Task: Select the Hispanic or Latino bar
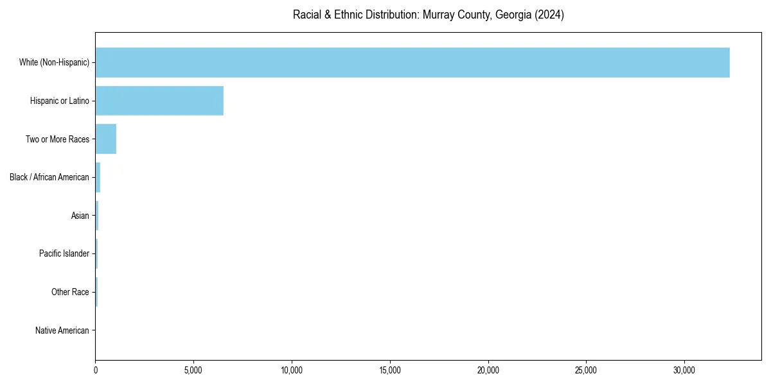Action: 159,101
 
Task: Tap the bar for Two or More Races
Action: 106,139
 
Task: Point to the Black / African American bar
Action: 98,177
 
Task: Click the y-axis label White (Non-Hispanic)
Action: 54,62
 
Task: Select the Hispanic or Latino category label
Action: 60,101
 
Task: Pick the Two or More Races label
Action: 57,139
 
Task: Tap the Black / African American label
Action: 49,177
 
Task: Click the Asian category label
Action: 80,216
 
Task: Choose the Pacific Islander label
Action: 64,254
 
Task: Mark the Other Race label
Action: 70,293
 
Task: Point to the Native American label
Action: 62,330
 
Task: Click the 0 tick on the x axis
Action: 96,370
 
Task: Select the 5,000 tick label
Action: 193,370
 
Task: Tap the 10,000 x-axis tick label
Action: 292,370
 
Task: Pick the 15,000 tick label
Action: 390,370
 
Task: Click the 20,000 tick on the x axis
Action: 488,370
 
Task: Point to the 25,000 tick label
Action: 586,370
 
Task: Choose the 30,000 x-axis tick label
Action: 684,370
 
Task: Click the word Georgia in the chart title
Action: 493,15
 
